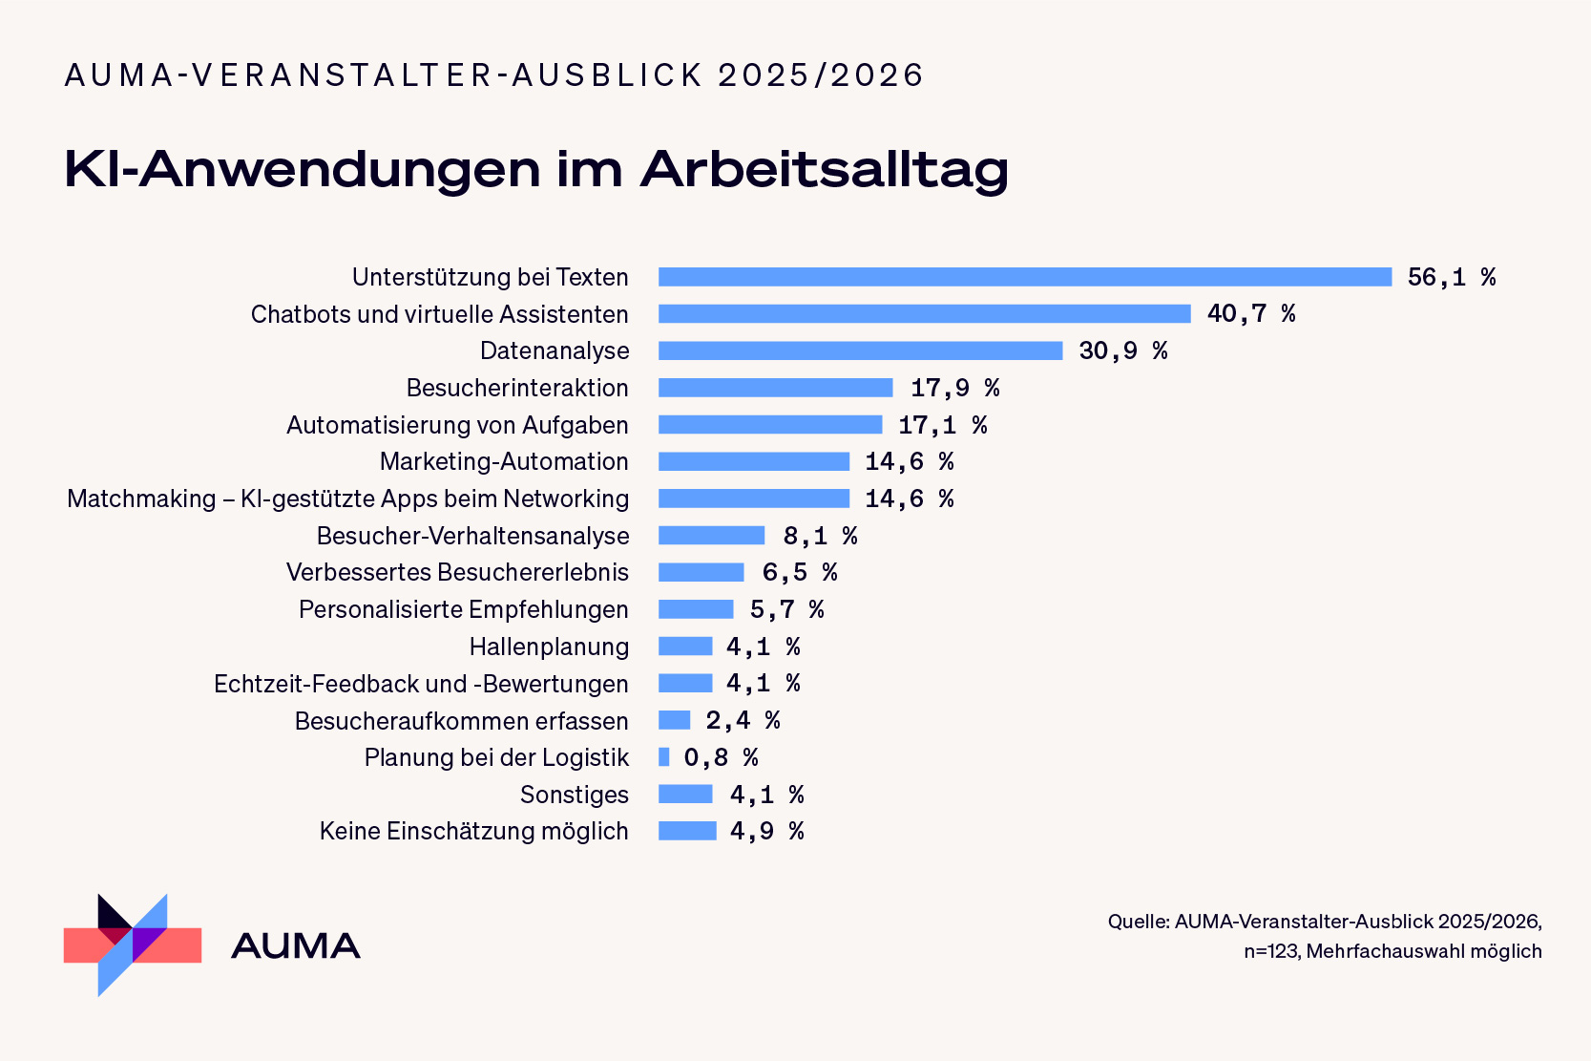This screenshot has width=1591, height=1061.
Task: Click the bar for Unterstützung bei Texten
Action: point(1025,277)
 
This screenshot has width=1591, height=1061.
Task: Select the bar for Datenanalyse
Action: point(860,350)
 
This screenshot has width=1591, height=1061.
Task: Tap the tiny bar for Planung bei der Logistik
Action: point(664,757)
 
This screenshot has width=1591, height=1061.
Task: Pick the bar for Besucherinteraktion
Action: point(775,388)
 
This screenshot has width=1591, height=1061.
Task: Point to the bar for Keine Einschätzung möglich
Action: point(687,831)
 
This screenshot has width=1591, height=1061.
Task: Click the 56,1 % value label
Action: point(1451,277)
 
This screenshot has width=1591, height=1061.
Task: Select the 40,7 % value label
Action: point(1250,313)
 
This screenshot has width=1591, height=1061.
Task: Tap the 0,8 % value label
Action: point(721,757)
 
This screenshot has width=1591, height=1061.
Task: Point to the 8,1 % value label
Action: point(820,536)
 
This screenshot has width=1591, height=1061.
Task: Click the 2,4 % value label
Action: point(743,720)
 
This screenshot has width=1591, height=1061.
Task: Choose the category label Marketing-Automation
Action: point(504,461)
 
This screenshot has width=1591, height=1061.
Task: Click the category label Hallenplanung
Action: point(549,647)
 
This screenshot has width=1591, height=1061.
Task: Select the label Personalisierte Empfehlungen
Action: point(463,609)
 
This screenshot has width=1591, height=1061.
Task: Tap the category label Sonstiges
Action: point(574,795)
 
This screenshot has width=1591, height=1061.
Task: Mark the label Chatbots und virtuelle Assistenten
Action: point(439,314)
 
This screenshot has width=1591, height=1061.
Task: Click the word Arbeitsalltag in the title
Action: point(824,170)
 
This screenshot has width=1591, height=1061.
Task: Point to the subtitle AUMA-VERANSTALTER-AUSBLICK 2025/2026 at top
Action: point(493,75)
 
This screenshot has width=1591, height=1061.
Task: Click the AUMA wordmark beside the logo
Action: point(295,946)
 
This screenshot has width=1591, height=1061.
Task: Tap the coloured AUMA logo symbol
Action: point(133,944)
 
